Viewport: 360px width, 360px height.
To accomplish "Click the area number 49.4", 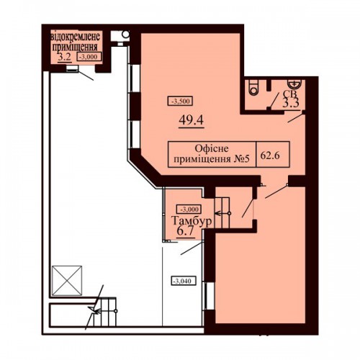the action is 192,120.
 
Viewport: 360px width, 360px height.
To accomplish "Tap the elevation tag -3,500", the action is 181,101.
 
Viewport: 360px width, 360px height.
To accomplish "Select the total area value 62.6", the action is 270,156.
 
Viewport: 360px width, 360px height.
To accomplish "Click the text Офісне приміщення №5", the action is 212,153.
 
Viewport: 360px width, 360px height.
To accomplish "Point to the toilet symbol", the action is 254,87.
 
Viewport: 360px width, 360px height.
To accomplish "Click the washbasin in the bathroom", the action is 294,84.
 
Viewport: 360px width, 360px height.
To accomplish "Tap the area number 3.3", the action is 290,104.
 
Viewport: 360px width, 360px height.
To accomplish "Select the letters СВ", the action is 290,94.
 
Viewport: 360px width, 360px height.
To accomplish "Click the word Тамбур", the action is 192,221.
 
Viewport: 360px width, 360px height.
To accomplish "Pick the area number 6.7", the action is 185,231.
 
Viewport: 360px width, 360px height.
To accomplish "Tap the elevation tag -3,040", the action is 184,281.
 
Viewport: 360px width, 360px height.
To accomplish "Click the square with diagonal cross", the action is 67,281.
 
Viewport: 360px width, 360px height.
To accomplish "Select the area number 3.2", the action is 64,57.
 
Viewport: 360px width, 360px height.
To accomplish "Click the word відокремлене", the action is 76,37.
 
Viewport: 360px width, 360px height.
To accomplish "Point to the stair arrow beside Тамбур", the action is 222,213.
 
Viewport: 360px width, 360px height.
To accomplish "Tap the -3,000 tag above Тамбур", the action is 189,210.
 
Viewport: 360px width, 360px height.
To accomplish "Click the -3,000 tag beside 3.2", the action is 89,57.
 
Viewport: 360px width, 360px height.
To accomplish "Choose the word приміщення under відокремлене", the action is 75,47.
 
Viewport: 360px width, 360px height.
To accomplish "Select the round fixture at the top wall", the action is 125,35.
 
